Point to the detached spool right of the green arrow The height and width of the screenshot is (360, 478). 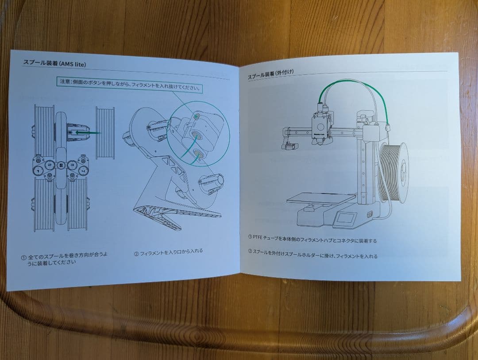point(105,132)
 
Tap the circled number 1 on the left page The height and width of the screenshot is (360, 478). point(23,257)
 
